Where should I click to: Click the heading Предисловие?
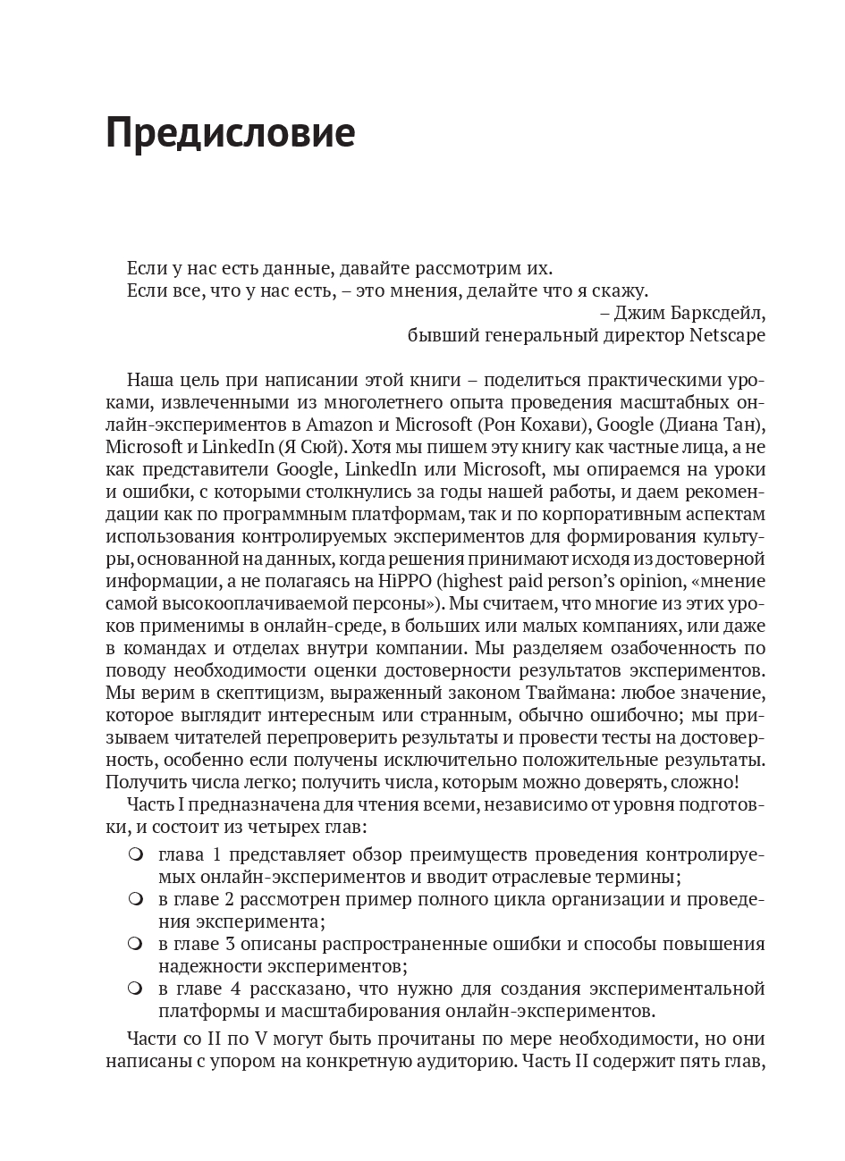(x=230, y=133)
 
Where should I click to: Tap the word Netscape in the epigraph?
(x=728, y=335)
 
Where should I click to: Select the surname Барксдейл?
(x=712, y=313)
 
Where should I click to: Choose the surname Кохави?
(x=555, y=423)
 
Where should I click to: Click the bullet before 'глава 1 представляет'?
(x=135, y=854)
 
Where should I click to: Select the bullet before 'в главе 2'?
(x=135, y=898)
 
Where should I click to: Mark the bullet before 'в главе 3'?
(x=135, y=944)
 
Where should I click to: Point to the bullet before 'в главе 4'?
(x=135, y=989)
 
